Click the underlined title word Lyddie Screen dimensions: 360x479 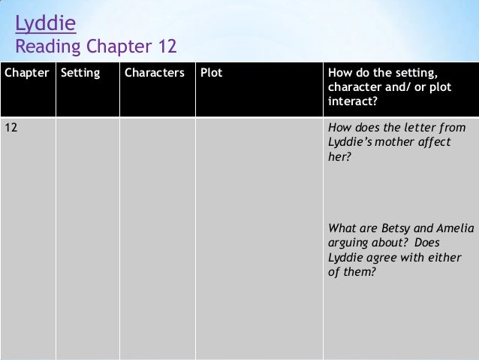click(46, 26)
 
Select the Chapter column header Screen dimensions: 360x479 click(26, 74)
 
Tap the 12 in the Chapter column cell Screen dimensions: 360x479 click(12, 127)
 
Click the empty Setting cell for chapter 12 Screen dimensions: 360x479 click(87, 233)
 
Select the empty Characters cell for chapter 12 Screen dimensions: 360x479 click(157, 233)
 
